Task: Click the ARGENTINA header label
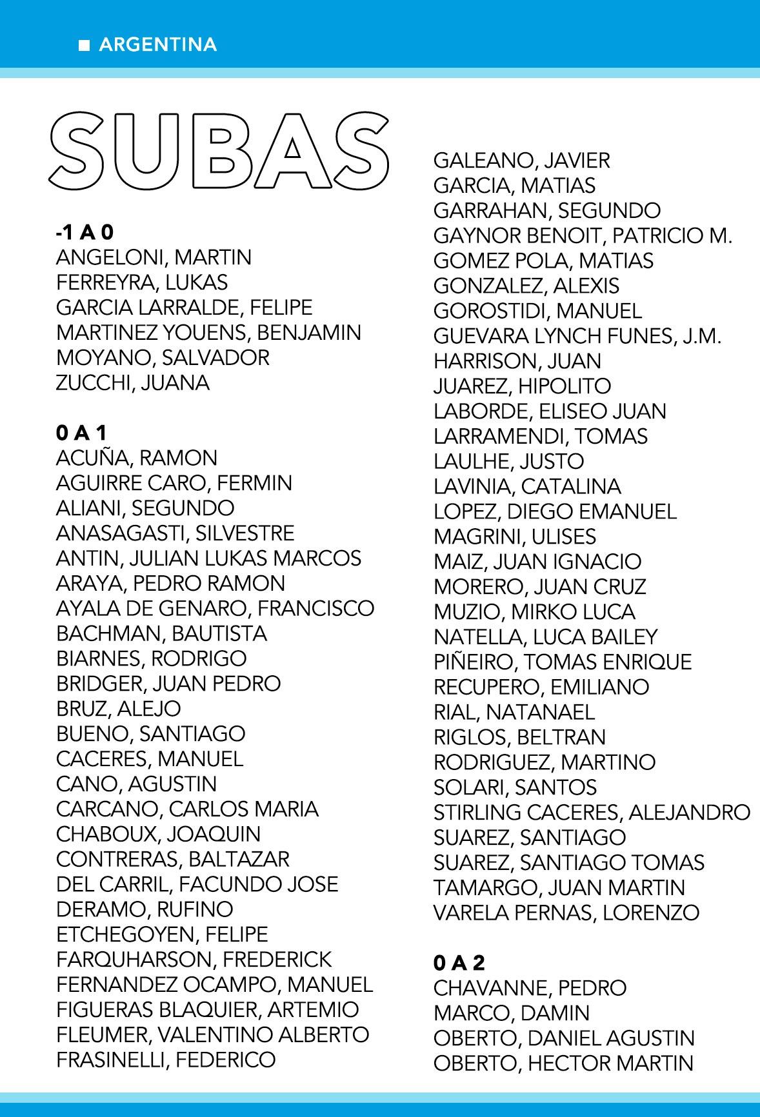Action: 157,45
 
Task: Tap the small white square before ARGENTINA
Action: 84,45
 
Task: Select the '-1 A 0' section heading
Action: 85,232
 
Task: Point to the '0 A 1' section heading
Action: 81,433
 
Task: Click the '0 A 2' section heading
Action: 459,963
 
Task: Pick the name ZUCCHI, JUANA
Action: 133,382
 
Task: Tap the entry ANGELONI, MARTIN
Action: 154,257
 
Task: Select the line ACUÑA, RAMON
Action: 137,458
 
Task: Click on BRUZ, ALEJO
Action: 119,708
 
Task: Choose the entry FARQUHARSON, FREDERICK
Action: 194,959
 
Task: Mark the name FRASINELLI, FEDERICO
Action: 166,1060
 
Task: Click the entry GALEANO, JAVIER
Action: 521,160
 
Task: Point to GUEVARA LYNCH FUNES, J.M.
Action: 577,336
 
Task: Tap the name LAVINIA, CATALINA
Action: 527,486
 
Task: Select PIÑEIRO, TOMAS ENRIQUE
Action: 563,662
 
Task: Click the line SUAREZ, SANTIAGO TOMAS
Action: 568,862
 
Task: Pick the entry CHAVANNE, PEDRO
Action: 530,988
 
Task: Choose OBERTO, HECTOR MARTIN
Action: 563,1063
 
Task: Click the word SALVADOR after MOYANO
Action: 215,357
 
